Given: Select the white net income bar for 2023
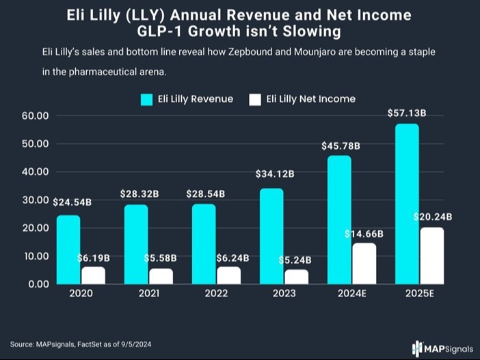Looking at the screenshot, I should click(297, 276).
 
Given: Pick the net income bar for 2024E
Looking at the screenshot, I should click(364, 263).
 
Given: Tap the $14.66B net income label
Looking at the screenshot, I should click(364, 233).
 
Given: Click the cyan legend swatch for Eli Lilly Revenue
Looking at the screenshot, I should click(146, 99).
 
